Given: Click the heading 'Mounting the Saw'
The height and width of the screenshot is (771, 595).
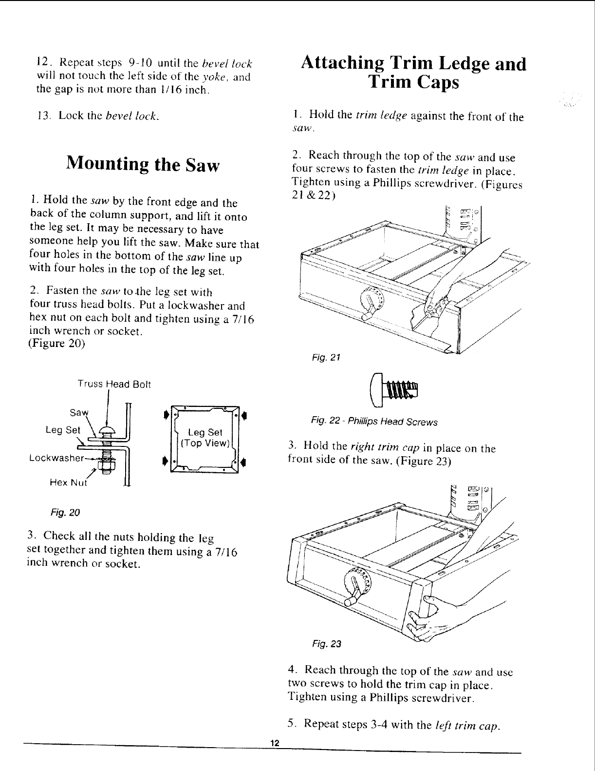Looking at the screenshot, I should (143, 164).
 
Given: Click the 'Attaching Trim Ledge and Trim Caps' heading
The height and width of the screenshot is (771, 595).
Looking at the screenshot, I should (413, 73).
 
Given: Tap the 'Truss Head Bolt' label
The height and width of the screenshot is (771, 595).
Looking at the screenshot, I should (114, 385).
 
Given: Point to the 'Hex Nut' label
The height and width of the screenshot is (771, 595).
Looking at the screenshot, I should (68, 483).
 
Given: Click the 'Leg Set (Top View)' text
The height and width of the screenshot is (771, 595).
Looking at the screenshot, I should (205, 438).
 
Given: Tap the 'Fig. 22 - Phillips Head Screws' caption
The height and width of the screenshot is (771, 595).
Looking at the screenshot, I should (374, 422).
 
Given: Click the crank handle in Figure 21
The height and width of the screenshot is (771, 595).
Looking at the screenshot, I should (369, 312).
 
